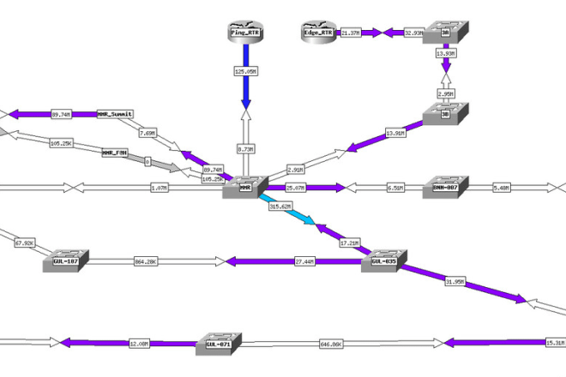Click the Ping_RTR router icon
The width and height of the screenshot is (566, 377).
tap(245, 32)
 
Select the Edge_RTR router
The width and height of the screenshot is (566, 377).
tap(317, 33)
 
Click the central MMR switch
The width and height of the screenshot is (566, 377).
tap(245, 188)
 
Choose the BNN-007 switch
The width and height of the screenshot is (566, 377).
tap(445, 188)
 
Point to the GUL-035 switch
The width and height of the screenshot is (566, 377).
tap(382, 260)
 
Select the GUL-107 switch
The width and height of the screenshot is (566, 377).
tap(66, 260)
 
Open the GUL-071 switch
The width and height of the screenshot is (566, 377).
tap(220, 344)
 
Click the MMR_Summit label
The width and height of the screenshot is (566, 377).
tap(116, 113)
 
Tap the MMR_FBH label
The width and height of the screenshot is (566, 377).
tap(115, 153)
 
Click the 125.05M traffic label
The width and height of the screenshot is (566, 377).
tap(245, 71)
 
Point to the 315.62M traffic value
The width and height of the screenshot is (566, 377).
tap(281, 206)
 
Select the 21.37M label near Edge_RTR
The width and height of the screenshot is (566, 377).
tap(351, 33)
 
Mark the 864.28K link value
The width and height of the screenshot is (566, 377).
tap(145, 260)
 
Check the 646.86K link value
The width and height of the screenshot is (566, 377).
tap(331, 344)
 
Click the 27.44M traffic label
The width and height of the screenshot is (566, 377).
tap(304, 260)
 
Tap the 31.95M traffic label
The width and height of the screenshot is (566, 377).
tap(455, 281)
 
